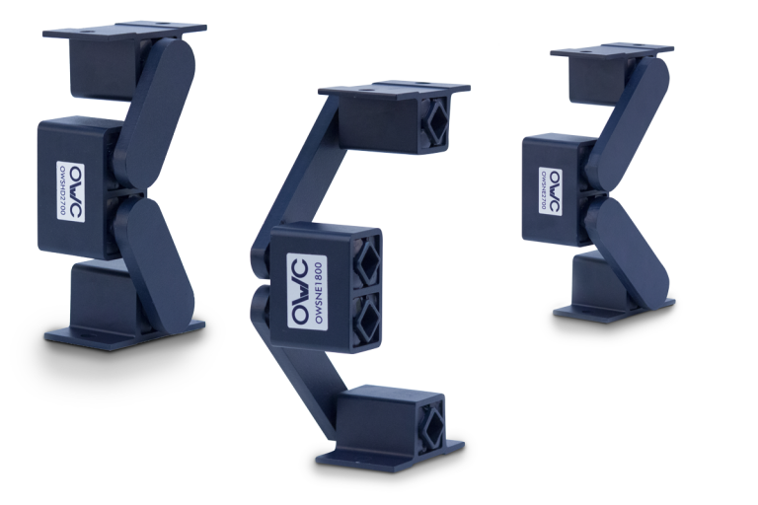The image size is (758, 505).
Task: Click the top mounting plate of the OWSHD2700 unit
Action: pos(123,29)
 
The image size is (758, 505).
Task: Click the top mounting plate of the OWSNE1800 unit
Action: pos(395,91)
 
